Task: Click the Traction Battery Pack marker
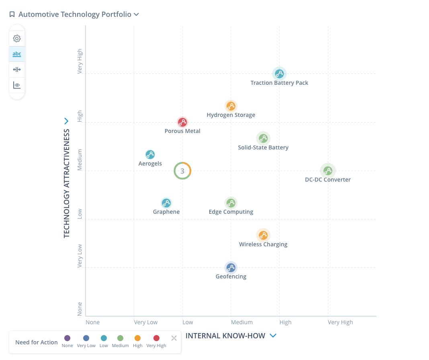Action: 279,74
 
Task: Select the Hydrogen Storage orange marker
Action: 231,106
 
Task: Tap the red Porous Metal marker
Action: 182,122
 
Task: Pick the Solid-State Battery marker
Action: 263,139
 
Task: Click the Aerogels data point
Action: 150,155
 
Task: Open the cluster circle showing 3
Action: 182,171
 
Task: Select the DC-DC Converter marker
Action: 328,171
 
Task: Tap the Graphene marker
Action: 166,203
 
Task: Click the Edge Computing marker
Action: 231,203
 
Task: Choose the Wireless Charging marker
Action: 263,235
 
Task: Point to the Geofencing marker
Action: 231,268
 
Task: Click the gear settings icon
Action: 17,39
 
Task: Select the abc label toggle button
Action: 17,54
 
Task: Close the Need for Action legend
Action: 174,338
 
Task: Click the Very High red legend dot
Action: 156,338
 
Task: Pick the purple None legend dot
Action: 67,338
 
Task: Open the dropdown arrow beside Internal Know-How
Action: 273,336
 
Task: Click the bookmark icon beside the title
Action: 12,14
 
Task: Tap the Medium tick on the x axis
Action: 241,322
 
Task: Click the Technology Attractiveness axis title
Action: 67,183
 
